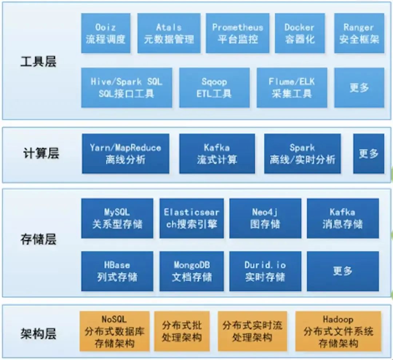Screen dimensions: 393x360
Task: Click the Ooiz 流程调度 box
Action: (x=106, y=33)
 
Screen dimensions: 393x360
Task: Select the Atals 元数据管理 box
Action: (x=169, y=33)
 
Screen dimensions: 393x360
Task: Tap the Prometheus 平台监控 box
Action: (x=237, y=33)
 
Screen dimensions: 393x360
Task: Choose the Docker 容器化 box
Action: (x=299, y=33)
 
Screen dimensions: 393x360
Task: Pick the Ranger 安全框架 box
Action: (x=359, y=33)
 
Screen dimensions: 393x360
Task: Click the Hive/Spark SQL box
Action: (x=126, y=87)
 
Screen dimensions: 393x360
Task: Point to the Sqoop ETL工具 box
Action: (x=214, y=87)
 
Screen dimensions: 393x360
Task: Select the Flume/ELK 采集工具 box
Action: (x=291, y=87)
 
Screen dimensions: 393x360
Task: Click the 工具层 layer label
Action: (x=38, y=62)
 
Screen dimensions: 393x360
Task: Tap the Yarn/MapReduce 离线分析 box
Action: (x=126, y=153)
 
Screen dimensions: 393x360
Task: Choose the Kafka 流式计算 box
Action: (x=217, y=153)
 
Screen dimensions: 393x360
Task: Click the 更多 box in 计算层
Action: (x=368, y=153)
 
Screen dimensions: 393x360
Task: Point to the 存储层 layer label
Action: (x=38, y=240)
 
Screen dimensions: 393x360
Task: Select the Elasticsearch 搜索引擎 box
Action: (x=191, y=218)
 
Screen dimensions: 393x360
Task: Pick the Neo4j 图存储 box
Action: (x=265, y=218)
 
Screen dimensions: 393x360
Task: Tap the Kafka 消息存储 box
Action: (x=342, y=218)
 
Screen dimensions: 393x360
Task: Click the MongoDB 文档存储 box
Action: (x=191, y=271)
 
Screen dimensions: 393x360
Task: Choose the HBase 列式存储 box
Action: (x=117, y=271)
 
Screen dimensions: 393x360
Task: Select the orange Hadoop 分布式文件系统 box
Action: (x=338, y=331)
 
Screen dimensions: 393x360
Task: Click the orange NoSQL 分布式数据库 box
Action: (x=115, y=331)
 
